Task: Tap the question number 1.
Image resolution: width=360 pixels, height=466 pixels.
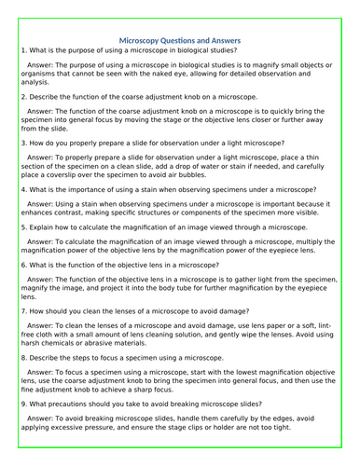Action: tap(21, 50)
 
